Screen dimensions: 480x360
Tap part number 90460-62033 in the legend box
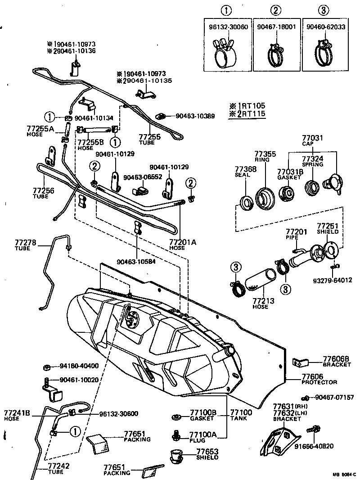[327, 27]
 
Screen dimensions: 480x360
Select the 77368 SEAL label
[246, 172]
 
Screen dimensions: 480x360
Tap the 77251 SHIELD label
[328, 228]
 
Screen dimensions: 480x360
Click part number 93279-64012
[333, 280]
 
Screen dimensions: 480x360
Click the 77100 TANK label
[241, 415]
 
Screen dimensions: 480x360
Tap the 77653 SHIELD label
[207, 454]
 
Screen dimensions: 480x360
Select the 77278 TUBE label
[22, 245]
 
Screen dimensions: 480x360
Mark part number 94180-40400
[79, 365]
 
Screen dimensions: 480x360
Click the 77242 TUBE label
[58, 468]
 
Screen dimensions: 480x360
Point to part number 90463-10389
[195, 116]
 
